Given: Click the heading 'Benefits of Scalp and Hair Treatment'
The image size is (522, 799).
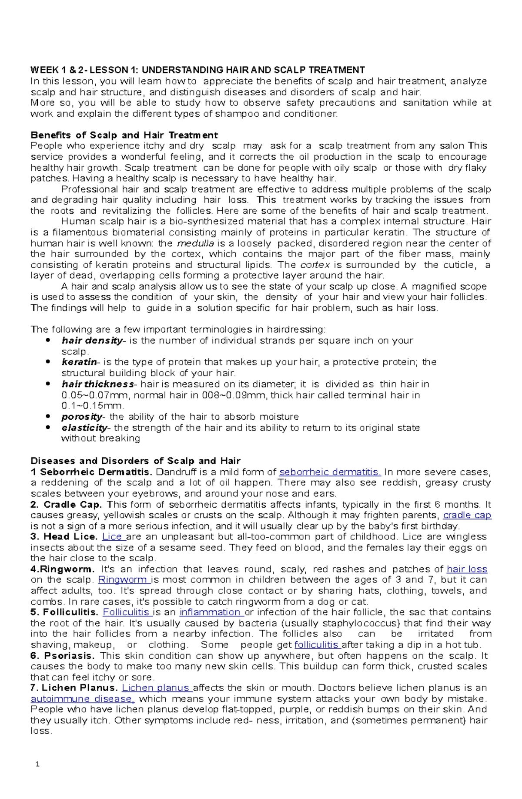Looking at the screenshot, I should click(124, 135).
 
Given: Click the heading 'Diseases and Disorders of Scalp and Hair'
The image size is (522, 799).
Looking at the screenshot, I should click(135, 461).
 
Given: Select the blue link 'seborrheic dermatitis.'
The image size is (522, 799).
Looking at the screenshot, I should click(330, 472).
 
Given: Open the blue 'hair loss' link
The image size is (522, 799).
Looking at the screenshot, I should click(467, 569).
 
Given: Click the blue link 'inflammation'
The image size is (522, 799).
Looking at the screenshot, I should click(211, 612).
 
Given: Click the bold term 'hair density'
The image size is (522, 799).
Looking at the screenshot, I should click(92, 341).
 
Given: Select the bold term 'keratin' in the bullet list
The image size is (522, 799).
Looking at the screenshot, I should click(80, 362).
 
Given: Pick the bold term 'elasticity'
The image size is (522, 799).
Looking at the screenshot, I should click(84, 428).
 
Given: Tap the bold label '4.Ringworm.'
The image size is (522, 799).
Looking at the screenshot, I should click(62, 569).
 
